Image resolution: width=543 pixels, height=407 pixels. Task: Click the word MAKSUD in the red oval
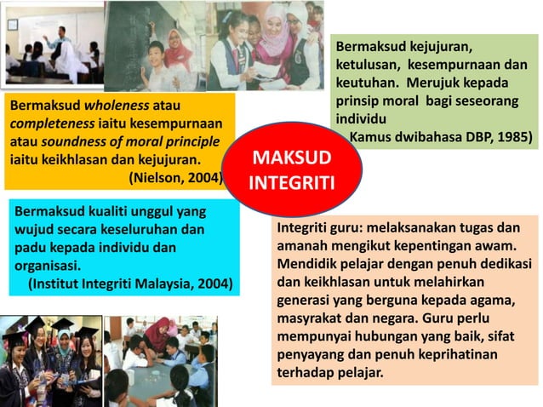pos(293,160)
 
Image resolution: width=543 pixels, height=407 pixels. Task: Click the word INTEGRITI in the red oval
pos(293,183)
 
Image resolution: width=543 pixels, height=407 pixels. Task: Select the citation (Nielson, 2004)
pos(175,177)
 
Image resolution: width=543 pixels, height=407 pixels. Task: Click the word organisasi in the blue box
pos(47,265)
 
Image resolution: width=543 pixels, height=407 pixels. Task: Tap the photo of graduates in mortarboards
pos(50,361)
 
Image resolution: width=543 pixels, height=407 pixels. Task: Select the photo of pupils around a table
pos(161,361)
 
